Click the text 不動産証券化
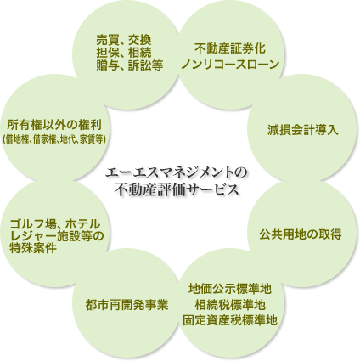point(230,48)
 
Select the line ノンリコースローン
point(230,65)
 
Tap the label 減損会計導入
point(302,130)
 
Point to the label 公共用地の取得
point(301,234)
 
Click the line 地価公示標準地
point(230,289)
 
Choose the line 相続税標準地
point(230,305)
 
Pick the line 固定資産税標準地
point(230,320)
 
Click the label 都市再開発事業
point(127,305)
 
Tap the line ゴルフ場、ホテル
point(55,224)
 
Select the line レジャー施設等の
point(56,236)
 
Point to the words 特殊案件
point(33,248)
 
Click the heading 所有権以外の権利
point(54,124)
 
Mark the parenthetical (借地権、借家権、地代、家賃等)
point(54,139)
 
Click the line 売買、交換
point(124,40)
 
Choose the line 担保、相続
point(124,53)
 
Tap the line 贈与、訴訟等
point(130,65)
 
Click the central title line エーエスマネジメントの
point(177,172)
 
